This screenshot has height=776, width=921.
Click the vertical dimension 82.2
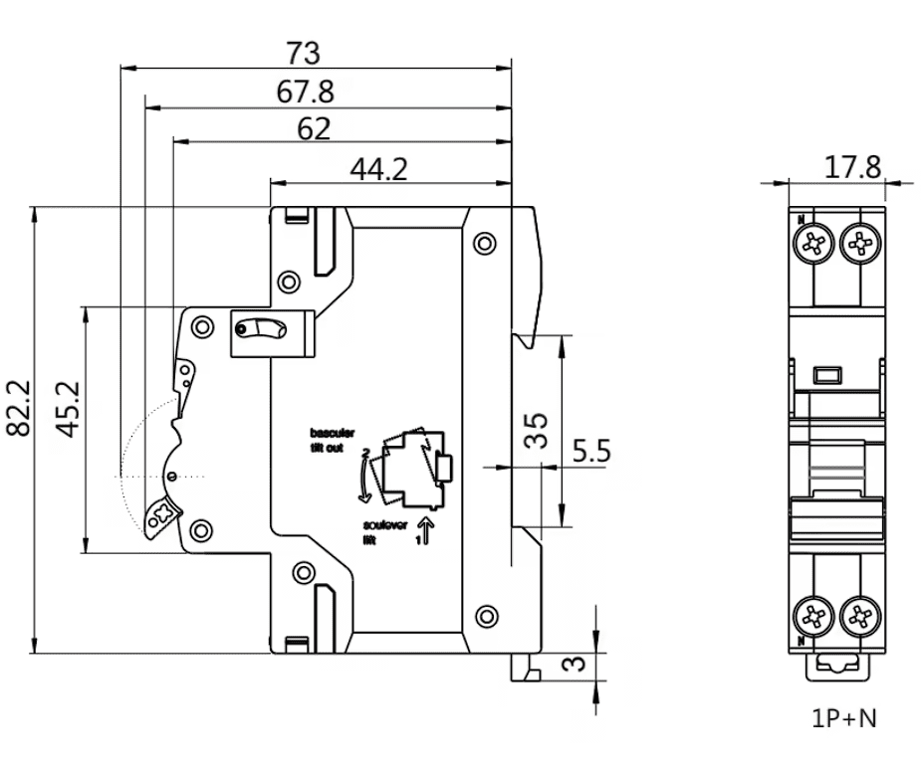(x=19, y=408)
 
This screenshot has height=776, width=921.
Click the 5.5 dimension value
(x=592, y=453)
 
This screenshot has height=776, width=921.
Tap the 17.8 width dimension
(x=852, y=166)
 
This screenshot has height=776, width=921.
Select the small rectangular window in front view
(x=827, y=375)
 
